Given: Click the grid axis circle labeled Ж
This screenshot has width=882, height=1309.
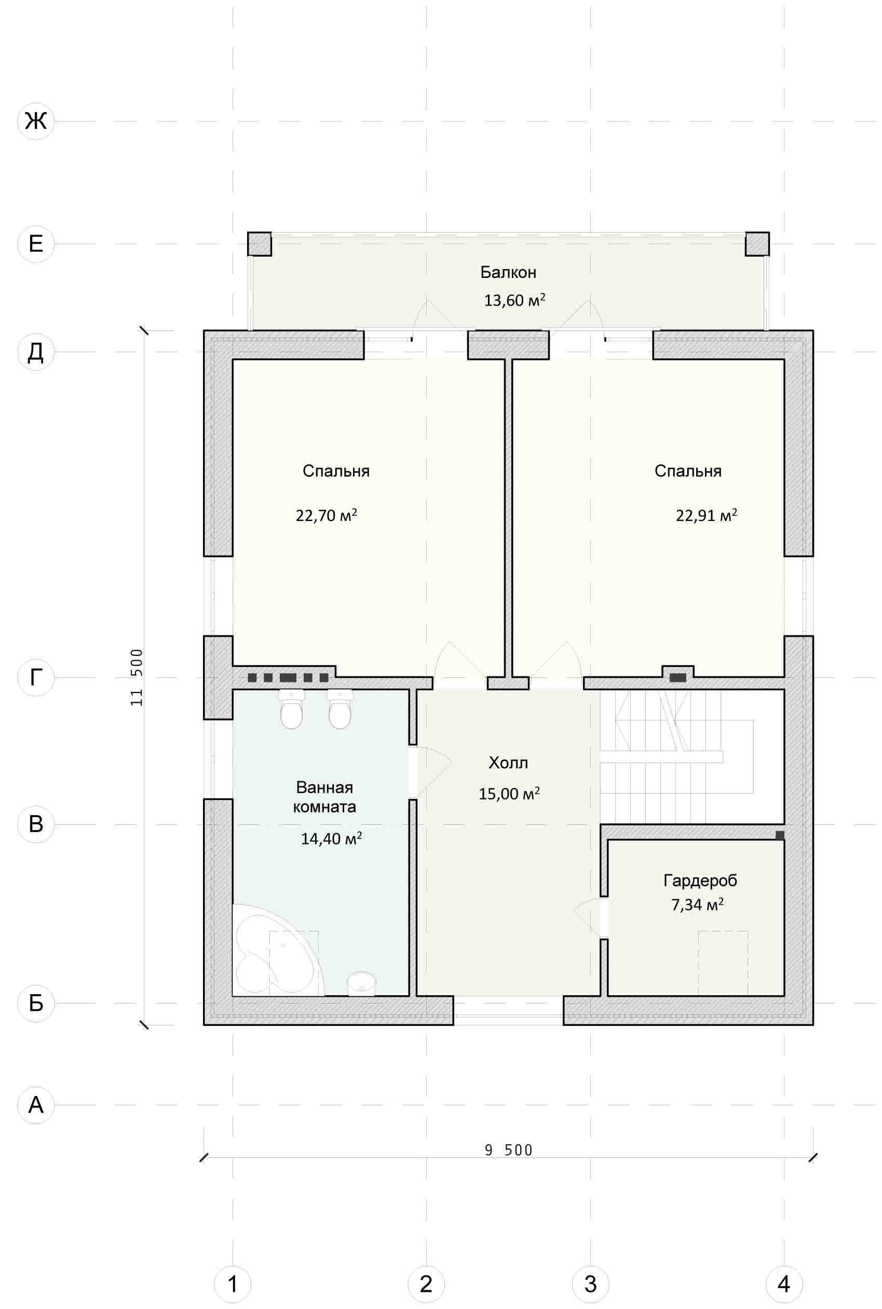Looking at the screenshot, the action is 36,121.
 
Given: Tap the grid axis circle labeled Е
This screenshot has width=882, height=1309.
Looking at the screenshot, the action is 36,244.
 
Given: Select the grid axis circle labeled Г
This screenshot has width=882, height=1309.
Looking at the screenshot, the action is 36,677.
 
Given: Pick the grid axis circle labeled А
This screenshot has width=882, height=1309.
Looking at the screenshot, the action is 36,1105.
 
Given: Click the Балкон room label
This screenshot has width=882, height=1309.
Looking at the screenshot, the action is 509,272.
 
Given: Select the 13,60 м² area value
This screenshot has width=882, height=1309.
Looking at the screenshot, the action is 514,300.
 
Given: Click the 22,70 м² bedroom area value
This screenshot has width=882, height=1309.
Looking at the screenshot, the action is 326,515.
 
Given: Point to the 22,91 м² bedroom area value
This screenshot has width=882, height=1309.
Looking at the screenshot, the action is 707,515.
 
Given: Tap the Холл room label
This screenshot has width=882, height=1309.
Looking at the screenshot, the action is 509,763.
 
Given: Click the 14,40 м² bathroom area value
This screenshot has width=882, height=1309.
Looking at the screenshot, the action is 331,838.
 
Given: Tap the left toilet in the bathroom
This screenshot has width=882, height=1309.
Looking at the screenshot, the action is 291,709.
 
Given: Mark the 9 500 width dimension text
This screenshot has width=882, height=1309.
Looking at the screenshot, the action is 509,1150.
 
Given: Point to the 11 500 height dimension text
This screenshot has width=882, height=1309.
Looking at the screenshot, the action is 137,677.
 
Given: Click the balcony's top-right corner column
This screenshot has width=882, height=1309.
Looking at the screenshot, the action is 757,244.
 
